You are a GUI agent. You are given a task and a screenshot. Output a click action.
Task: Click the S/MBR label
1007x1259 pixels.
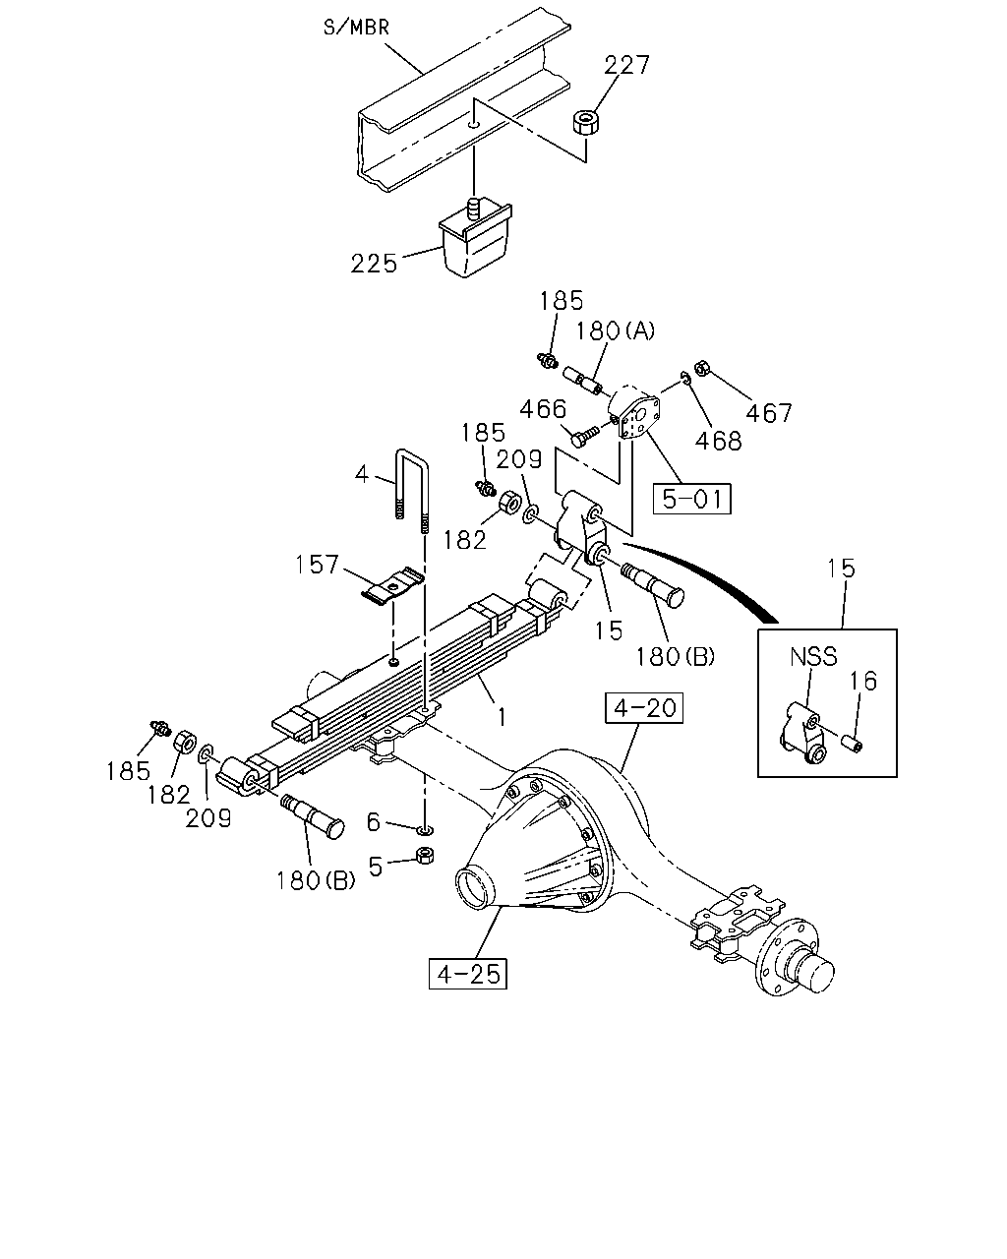[x=356, y=28]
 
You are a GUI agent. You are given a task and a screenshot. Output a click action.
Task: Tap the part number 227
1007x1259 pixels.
[x=626, y=65]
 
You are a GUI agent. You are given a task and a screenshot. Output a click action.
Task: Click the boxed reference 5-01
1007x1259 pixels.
[x=691, y=499]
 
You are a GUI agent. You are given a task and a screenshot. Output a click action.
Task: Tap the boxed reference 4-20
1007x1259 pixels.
[x=644, y=708]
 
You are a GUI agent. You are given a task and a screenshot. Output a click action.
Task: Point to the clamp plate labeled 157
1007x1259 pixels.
[x=392, y=585]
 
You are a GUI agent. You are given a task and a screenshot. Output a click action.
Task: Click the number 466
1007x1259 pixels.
[x=543, y=409]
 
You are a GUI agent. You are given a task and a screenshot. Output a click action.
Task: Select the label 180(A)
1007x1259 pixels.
[x=615, y=331]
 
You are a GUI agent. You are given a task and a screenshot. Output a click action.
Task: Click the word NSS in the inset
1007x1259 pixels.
[x=813, y=657]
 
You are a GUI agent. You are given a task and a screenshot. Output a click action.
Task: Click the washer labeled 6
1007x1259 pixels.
[x=426, y=830]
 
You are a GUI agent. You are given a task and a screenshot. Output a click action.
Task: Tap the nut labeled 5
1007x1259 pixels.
[x=425, y=856]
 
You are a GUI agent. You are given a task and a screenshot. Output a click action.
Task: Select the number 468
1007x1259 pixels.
[x=718, y=441]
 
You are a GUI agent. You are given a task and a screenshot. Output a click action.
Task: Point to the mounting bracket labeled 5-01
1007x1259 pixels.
[x=634, y=416]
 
